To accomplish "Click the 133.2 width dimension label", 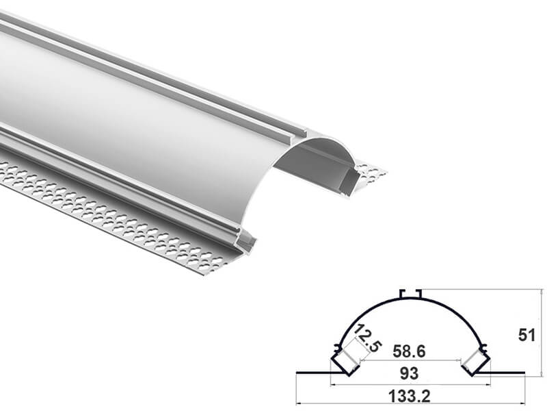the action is pyautogui.click(x=409, y=397).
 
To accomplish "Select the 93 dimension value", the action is pyautogui.click(x=409, y=373).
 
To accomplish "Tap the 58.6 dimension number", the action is pyautogui.click(x=409, y=351).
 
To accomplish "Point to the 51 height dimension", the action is pyautogui.click(x=526, y=335).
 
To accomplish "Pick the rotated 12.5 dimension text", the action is pyautogui.click(x=367, y=338).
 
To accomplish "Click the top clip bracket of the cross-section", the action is pyautogui.click(x=412, y=294).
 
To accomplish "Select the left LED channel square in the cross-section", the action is pyautogui.click(x=345, y=362).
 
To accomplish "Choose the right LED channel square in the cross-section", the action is pyautogui.click(x=475, y=362).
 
